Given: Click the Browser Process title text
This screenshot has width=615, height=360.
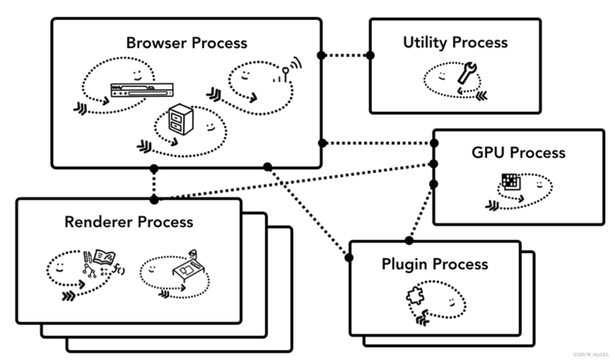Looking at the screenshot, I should (x=187, y=43).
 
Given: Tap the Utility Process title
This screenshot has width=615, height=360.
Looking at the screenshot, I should (x=455, y=42).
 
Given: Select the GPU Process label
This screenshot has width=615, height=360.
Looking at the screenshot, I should (x=518, y=153).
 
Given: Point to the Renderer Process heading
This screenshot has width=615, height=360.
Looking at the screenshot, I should (x=129, y=222).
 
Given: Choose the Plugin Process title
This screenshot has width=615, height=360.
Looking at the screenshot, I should (x=435, y=264).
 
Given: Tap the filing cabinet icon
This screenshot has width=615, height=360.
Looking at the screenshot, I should (x=181, y=119).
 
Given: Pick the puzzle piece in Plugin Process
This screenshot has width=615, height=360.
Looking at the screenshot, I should (x=415, y=295).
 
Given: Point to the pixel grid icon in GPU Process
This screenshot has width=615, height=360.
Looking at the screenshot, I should (x=511, y=182).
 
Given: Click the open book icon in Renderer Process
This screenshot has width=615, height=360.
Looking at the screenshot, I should (x=105, y=257).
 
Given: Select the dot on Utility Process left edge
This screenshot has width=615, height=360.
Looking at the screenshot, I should (x=370, y=55).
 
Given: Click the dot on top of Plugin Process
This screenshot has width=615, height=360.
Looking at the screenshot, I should (x=409, y=240).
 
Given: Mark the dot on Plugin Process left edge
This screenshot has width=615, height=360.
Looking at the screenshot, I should (x=349, y=257).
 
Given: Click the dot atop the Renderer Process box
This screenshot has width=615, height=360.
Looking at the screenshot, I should (x=154, y=200).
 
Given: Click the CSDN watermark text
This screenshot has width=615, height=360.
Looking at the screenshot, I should (x=591, y=354).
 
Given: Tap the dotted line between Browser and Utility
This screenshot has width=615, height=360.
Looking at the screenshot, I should (x=346, y=55).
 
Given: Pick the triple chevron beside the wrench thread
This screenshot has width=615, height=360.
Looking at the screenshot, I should (x=481, y=96).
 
